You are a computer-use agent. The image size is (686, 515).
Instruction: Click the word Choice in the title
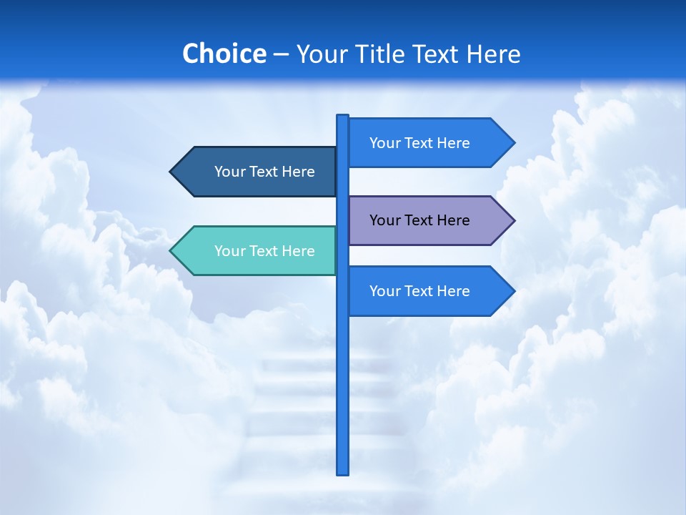click(224, 54)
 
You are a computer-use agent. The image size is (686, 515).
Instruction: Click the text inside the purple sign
click(419, 220)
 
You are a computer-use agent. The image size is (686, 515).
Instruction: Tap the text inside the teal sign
click(264, 251)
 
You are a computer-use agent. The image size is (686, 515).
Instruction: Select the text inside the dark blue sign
click(264, 172)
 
